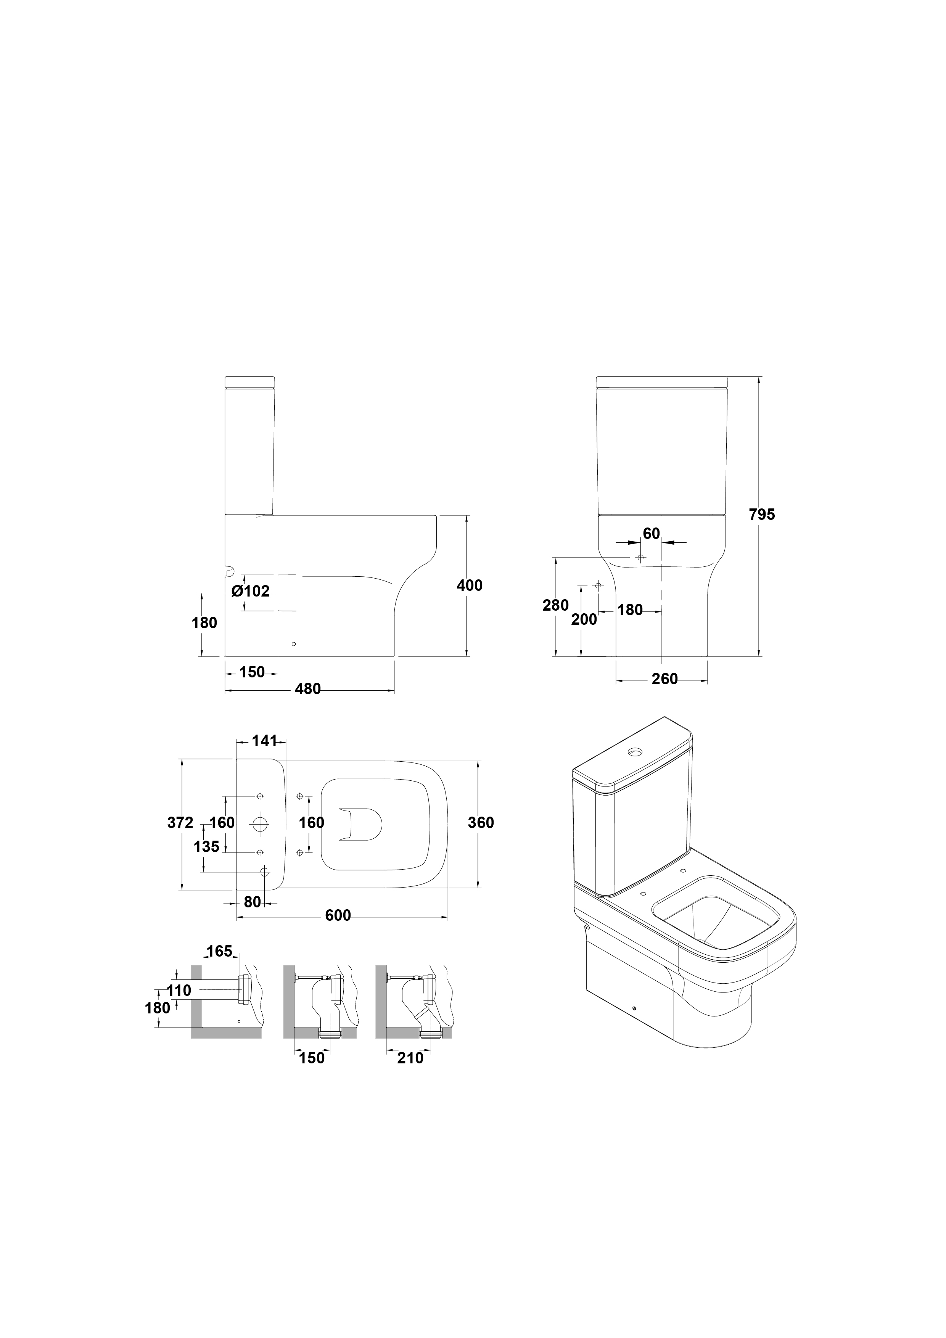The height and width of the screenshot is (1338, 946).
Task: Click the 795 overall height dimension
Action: click(762, 515)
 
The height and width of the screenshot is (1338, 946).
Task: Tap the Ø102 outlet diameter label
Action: click(251, 592)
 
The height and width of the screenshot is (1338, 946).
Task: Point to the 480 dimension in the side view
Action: click(308, 689)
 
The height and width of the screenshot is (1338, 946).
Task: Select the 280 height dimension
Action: click(555, 605)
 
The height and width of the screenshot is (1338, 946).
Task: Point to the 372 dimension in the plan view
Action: click(180, 822)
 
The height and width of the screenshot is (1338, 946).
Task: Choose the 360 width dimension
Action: click(481, 822)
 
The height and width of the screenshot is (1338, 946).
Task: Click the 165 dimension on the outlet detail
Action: click(219, 951)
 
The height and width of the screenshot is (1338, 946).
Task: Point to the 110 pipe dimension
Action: click(179, 990)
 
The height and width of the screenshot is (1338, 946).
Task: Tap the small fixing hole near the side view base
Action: click(294, 644)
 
